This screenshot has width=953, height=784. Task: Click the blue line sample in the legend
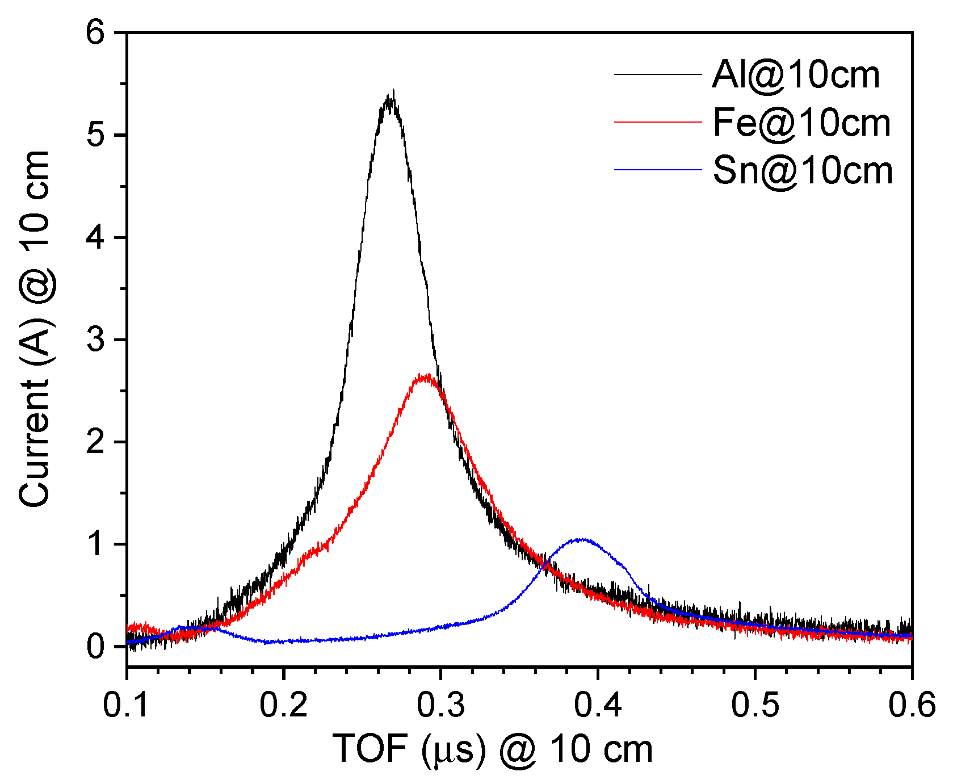pos(658,170)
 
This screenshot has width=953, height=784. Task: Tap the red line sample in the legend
pos(658,121)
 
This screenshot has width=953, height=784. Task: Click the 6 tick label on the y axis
pos(96,33)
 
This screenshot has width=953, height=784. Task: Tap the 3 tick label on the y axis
pos(96,340)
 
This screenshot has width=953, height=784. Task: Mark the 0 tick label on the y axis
pos(96,647)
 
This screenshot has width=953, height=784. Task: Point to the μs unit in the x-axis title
pos(454,751)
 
